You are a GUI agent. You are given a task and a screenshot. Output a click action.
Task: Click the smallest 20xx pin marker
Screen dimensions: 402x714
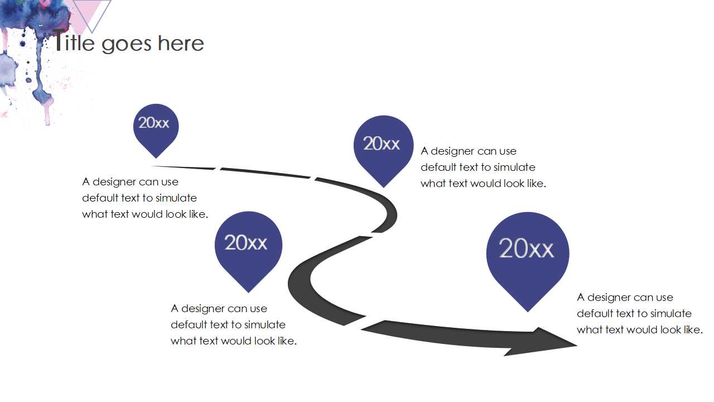tap(156, 125)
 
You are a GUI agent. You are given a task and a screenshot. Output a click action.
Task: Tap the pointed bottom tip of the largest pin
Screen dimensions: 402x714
tap(528, 310)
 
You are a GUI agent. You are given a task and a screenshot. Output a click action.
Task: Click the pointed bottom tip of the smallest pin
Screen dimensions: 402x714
tap(156, 157)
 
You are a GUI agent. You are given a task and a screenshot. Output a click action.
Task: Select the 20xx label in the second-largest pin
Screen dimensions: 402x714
tap(246, 243)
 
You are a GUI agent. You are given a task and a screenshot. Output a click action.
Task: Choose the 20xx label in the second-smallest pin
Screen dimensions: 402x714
tap(382, 144)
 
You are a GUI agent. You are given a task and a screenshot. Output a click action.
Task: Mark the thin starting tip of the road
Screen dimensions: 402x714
tap(156, 166)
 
